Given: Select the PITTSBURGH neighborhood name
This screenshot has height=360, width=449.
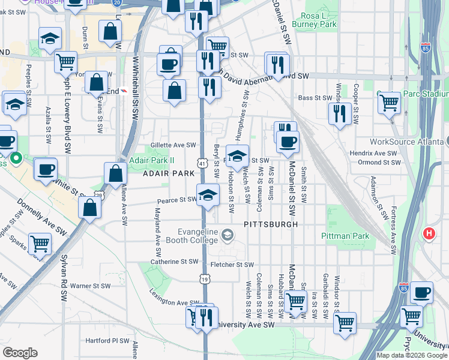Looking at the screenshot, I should tap(271, 224).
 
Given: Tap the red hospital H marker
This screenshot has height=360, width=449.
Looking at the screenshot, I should tap(430, 233).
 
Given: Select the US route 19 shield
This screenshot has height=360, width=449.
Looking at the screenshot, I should tap(205, 279).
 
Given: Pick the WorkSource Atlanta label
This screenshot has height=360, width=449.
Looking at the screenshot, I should tap(405, 142).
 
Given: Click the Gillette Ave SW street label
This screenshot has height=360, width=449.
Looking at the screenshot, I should tap(173, 145).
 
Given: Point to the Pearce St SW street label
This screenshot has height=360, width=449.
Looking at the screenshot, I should tap(177, 200).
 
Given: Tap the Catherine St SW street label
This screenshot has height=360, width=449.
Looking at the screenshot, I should tap(174, 262).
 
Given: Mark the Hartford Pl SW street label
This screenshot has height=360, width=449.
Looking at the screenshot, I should tap(107, 340).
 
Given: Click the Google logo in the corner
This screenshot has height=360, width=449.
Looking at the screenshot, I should tap(20, 353).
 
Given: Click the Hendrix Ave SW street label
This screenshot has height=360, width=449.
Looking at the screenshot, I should tap(375, 154).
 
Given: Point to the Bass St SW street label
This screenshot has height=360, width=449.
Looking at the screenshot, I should tap(315, 98).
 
